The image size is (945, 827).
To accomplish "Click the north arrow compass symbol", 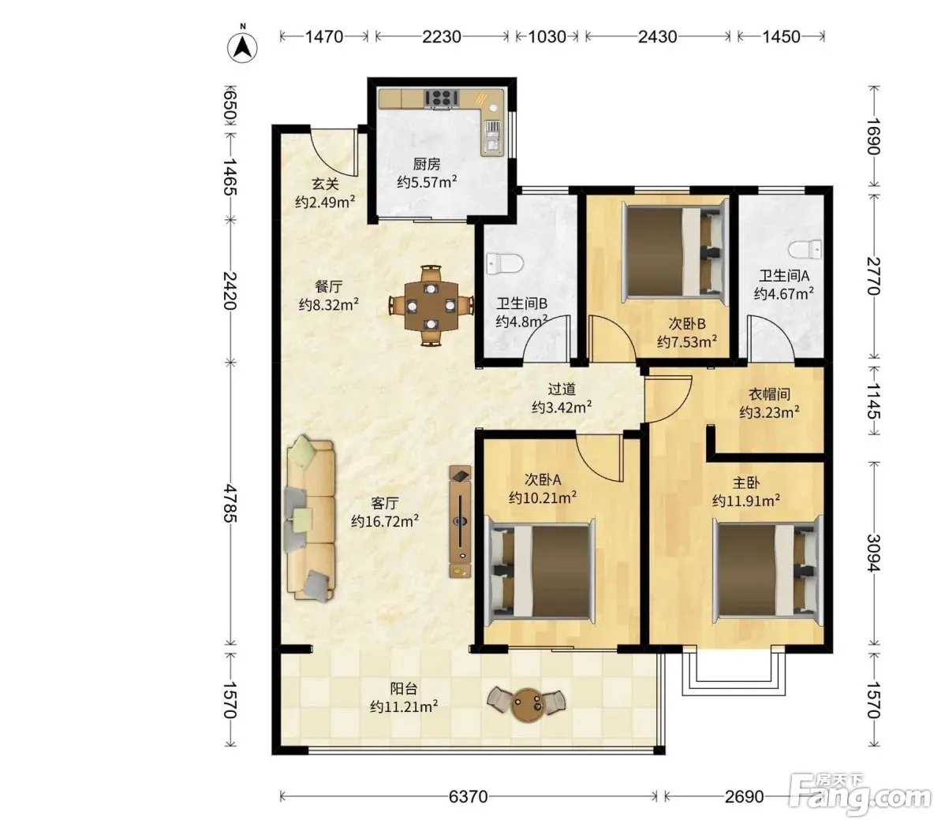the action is coord(242,45).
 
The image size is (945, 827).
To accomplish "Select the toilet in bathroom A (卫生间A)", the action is coord(805,249).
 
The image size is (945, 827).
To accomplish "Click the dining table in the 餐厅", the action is coord(431,305).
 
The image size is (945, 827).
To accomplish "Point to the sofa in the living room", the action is coord(310,519).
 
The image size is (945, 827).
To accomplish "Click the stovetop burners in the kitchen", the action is coord(442,98).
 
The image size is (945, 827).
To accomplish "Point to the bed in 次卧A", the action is coord(540,571).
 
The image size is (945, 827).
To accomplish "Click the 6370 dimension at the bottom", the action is coord(469,796).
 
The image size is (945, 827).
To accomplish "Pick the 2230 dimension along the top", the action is coord(442,37).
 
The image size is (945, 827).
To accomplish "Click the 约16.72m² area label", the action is coord(385,521).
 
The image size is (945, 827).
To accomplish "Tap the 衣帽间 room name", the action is coord(769,394).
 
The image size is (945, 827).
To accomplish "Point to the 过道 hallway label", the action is coord(561,389).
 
